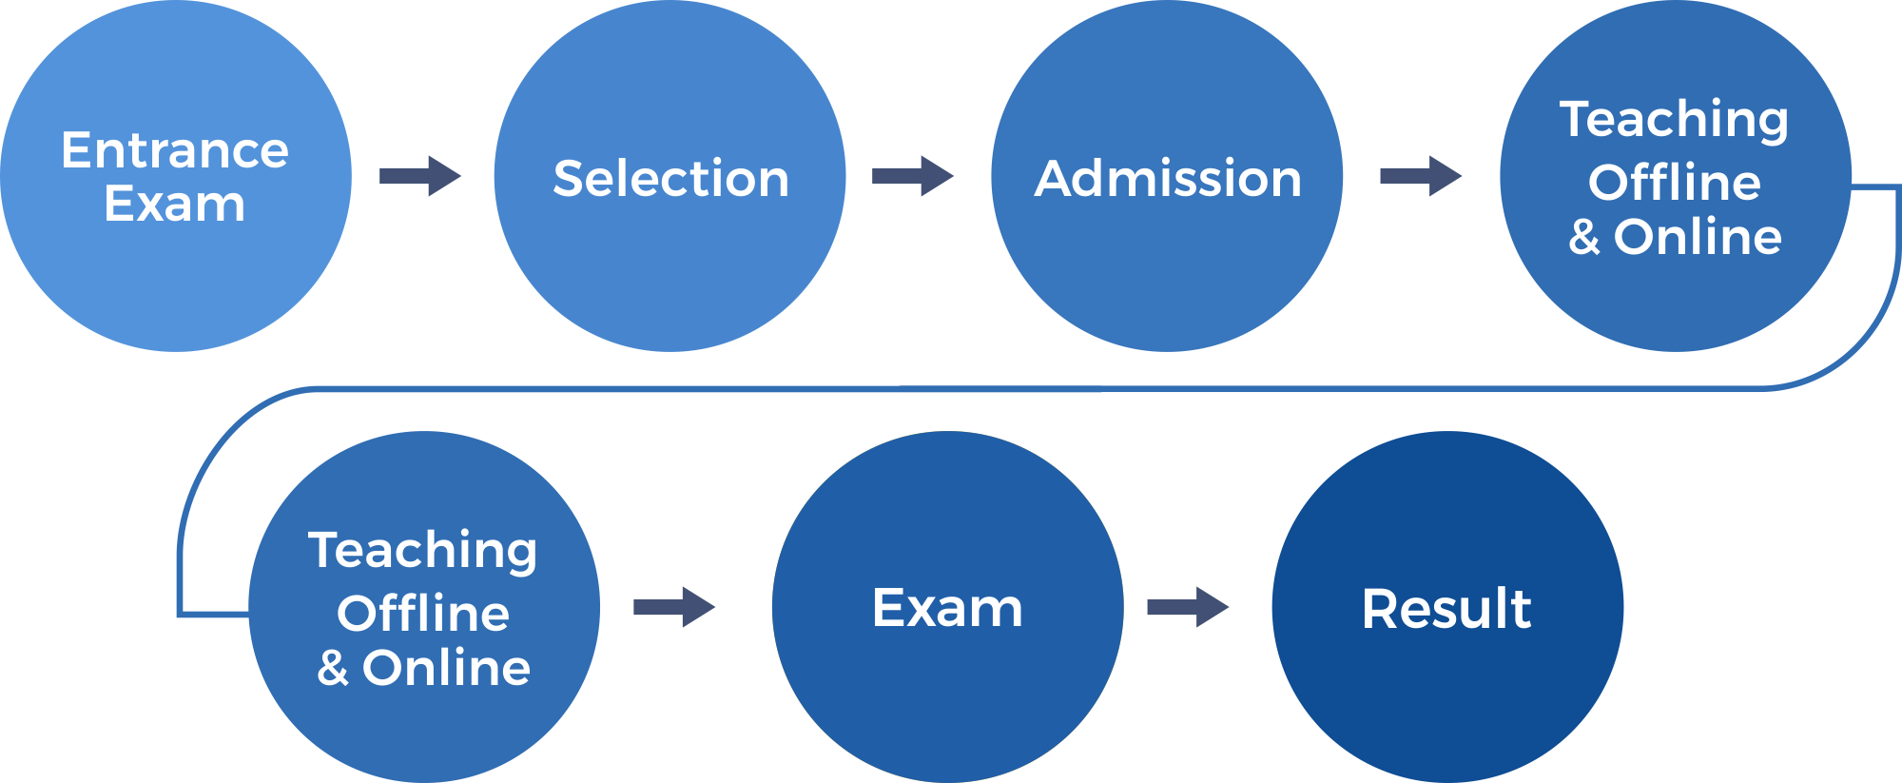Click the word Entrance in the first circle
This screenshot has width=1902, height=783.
[175, 150]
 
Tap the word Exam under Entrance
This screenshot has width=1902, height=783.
[175, 204]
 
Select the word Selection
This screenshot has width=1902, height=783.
[670, 179]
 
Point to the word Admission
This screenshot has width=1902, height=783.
[1168, 179]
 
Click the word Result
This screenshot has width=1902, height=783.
[1446, 609]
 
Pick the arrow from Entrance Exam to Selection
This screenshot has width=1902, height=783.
[420, 176]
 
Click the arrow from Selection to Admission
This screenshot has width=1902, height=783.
[913, 176]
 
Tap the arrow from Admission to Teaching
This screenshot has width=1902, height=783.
[1421, 176]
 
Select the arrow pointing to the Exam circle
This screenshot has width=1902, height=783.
[674, 607]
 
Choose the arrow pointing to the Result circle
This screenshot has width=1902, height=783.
[1188, 607]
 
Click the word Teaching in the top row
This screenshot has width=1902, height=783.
[1674, 120]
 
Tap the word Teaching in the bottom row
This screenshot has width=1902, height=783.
[423, 551]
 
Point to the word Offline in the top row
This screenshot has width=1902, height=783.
[1675, 182]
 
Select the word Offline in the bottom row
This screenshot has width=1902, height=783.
[423, 613]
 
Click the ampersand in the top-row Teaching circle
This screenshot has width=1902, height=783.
[1583, 237]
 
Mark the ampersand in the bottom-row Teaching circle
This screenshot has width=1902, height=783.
[332, 668]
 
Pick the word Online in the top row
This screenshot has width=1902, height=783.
[1698, 237]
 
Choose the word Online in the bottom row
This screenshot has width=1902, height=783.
[446, 668]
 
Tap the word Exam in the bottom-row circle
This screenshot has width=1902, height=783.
[947, 608]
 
